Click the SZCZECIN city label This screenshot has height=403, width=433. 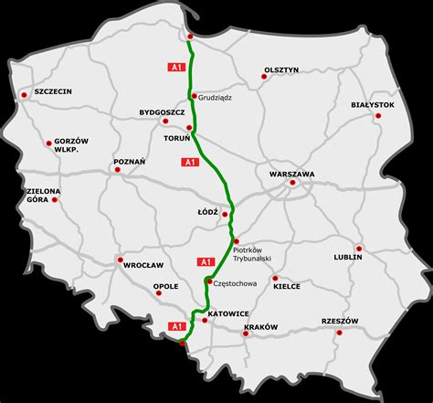53,92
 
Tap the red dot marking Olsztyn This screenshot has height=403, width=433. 264,80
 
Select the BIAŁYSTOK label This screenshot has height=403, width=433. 373,105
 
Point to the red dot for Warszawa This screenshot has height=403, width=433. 292,183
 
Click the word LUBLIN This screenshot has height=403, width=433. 348,257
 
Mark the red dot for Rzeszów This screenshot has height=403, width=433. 340,333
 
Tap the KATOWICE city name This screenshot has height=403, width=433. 229,313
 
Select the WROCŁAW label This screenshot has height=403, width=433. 143,265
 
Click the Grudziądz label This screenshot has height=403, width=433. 217,97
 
